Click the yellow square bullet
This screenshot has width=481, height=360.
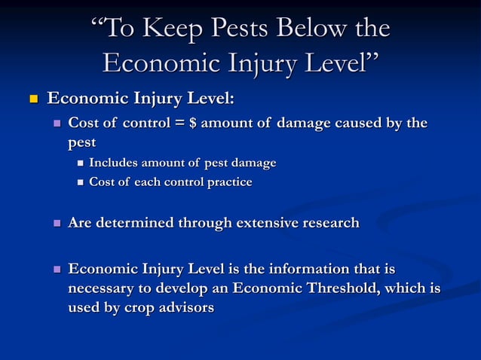(x=32, y=99)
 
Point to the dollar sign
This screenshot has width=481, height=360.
(x=193, y=124)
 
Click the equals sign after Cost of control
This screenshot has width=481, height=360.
(x=179, y=124)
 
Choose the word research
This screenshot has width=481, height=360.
(x=324, y=223)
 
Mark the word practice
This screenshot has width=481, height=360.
(x=226, y=182)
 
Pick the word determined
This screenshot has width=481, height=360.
(x=135, y=223)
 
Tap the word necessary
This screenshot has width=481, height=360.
(x=104, y=289)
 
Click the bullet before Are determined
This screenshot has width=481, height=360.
(x=57, y=224)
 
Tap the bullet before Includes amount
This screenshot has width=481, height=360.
(x=80, y=163)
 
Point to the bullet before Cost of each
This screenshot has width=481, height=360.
(x=80, y=182)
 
